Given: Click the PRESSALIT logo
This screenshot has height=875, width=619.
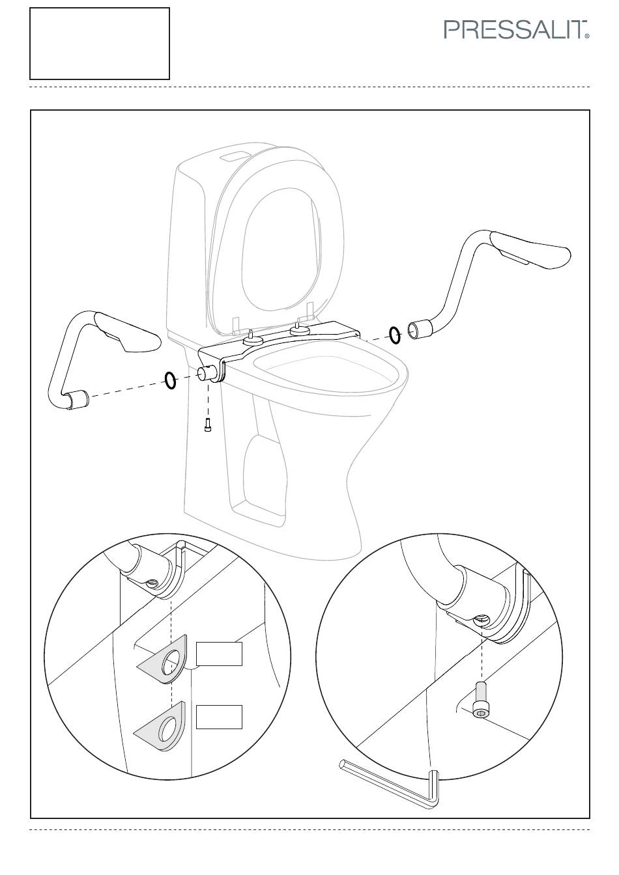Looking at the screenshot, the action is click(516, 30).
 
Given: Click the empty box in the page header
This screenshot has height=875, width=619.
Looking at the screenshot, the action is click(100, 44).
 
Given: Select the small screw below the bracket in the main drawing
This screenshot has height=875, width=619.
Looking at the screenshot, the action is click(208, 424).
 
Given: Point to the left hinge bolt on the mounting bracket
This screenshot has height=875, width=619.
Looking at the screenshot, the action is click(251, 337).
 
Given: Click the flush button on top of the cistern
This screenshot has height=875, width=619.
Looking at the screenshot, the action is click(235, 157).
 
